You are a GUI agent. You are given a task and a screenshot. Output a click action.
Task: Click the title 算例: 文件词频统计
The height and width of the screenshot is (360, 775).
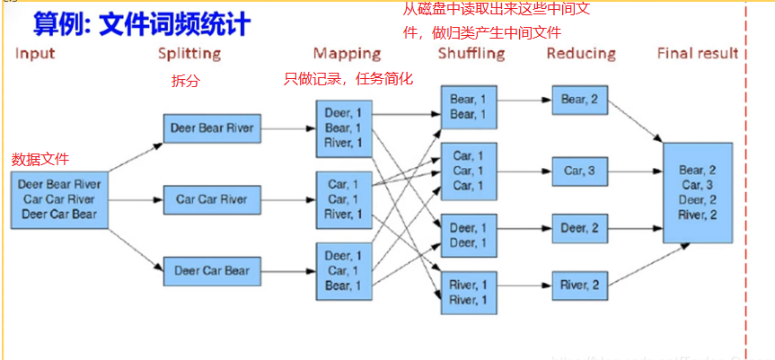[x=140, y=22]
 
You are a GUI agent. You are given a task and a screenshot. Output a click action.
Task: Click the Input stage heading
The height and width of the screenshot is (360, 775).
[x=35, y=54]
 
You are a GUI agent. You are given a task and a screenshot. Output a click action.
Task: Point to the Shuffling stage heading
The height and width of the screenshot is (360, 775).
[x=471, y=54]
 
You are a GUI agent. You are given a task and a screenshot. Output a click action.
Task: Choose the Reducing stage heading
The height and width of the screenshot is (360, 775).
[x=581, y=54]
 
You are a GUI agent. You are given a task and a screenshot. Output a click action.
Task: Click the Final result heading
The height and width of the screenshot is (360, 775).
[x=698, y=54]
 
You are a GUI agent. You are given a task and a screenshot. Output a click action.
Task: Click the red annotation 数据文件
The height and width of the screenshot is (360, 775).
[x=40, y=160]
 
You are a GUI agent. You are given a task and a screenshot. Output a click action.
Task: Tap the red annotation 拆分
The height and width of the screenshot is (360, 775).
[x=185, y=81]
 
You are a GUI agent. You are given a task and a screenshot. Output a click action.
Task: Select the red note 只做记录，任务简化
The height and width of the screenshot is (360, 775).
[x=348, y=79]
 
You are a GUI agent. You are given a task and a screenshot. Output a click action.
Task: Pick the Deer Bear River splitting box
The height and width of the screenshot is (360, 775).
[x=211, y=128]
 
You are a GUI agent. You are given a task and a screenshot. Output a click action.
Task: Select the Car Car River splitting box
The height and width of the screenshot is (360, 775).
[x=211, y=198]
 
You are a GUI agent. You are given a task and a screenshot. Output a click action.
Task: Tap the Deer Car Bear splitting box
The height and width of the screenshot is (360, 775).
[x=211, y=268]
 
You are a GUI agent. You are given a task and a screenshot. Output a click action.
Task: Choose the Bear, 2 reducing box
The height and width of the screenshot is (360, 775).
[x=581, y=99]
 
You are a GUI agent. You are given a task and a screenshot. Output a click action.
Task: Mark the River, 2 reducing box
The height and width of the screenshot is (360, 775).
[x=581, y=285]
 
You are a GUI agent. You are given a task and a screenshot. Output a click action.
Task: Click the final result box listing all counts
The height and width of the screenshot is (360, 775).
[x=697, y=191]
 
